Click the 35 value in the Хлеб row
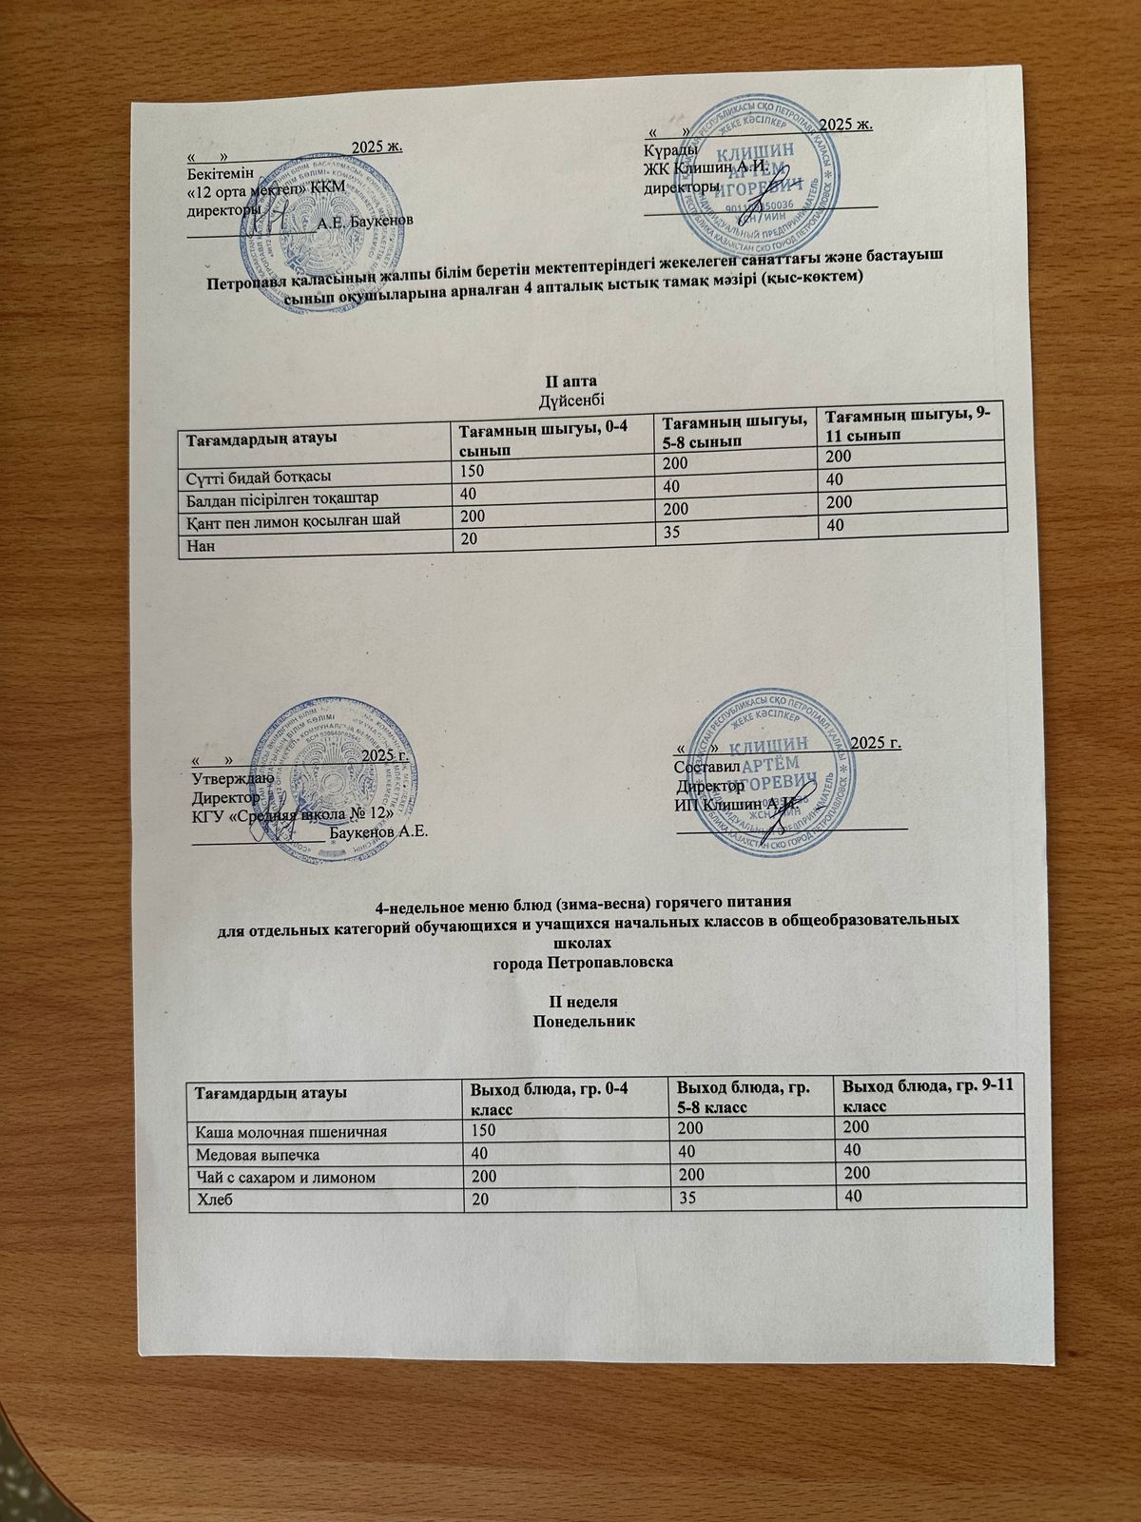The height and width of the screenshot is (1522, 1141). (x=683, y=1198)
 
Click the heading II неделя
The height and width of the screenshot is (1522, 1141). (x=584, y=1002)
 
